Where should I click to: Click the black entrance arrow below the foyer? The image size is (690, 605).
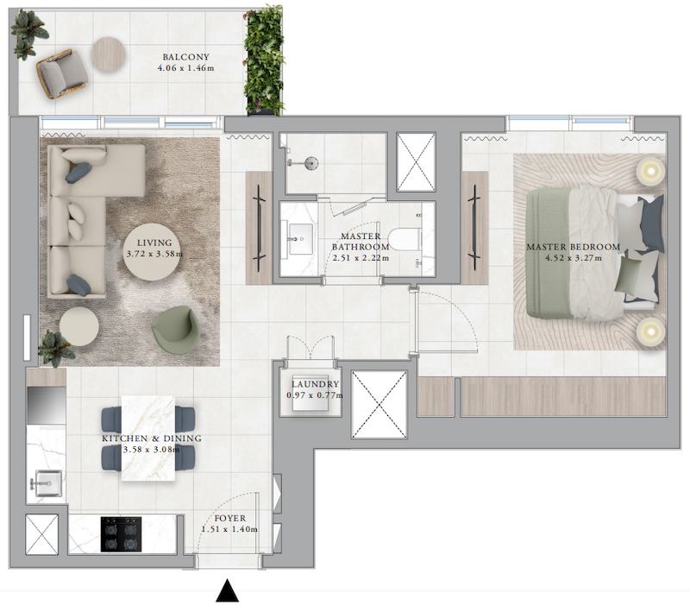(x=227, y=591)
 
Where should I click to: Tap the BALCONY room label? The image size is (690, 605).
(x=185, y=57)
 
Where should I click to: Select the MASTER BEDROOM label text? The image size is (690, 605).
(x=573, y=247)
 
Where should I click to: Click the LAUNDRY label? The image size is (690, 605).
(x=315, y=384)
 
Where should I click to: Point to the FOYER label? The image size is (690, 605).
(x=229, y=518)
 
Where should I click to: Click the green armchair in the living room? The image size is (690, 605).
(x=176, y=329)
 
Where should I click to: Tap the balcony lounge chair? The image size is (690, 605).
(x=61, y=73)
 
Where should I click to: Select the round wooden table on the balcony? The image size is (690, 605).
(x=109, y=54)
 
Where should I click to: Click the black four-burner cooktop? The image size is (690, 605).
(x=121, y=534)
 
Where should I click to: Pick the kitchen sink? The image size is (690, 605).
(x=47, y=483)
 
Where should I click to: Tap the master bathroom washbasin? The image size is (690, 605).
(x=299, y=239)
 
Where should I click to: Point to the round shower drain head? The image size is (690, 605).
(x=312, y=163)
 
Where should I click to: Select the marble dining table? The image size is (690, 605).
(x=147, y=438)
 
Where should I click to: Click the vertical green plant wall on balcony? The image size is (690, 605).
(x=264, y=60)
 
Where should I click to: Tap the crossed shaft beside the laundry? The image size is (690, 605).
(x=379, y=405)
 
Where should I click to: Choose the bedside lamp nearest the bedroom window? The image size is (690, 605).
(x=650, y=171)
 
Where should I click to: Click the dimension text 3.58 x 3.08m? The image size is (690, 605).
(x=152, y=450)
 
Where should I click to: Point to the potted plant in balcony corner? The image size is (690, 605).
(x=28, y=34)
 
